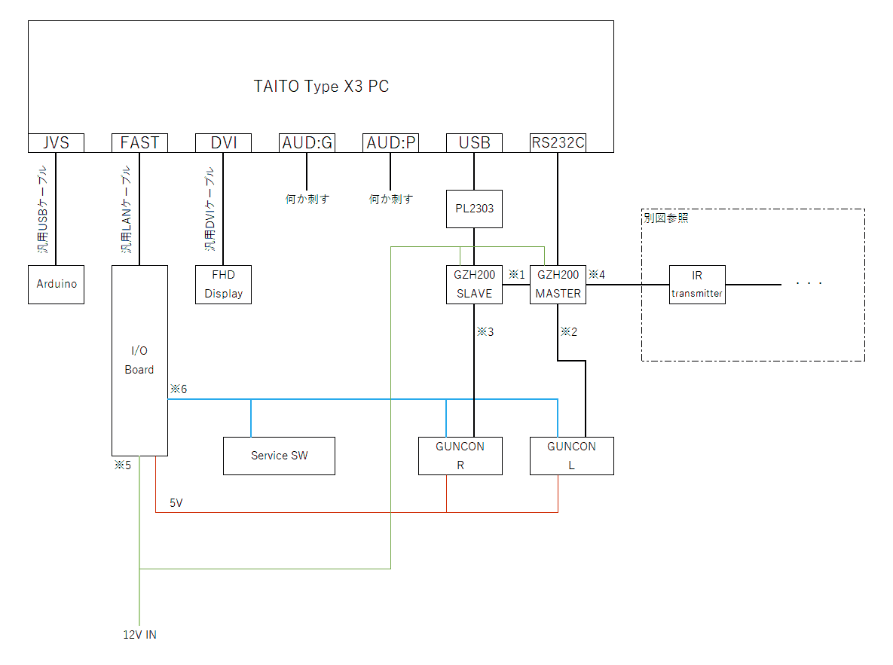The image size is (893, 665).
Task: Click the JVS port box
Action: (x=56, y=143)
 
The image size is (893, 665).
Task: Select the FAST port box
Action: (x=139, y=143)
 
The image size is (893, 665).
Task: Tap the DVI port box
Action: (x=223, y=143)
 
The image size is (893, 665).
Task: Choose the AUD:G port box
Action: (x=307, y=143)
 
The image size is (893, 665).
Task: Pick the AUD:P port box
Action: (x=390, y=143)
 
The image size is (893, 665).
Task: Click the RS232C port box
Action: (x=558, y=143)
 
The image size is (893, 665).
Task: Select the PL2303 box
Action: (x=474, y=209)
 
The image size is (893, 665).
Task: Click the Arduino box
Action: (x=56, y=285)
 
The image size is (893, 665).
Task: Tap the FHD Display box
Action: (x=223, y=285)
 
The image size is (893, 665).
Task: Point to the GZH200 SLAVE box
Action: (x=474, y=285)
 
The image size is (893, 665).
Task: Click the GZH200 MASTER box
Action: (x=558, y=285)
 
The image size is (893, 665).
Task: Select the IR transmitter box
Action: (x=697, y=285)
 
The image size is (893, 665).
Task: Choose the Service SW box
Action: (x=279, y=456)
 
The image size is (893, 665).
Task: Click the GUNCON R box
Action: (x=460, y=456)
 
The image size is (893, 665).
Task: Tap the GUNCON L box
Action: (x=571, y=456)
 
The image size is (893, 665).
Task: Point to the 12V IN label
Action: (x=140, y=635)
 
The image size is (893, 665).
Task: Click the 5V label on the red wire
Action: (x=176, y=502)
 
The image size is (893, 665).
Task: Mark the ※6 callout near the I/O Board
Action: (x=178, y=389)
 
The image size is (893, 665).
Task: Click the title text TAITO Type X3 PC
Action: (x=321, y=87)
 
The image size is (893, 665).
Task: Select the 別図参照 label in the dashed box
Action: (x=665, y=218)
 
